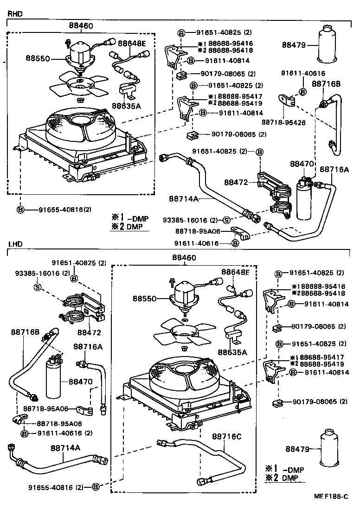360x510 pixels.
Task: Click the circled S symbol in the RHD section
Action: coord(226,220)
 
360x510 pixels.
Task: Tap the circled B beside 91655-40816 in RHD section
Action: coord(20,210)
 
